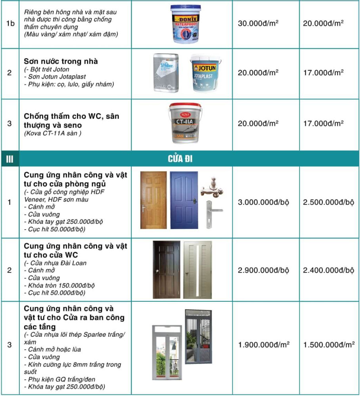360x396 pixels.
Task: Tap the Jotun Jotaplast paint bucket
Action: [x=205, y=74]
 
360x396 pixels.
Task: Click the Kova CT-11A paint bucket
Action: [x=185, y=123]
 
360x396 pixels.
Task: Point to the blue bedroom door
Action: [x=184, y=200]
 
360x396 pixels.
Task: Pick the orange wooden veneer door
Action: [x=153, y=200]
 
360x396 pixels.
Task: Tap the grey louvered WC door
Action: [x=197, y=270]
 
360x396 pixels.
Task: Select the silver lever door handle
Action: [x=209, y=214]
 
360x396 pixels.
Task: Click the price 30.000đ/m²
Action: [x=258, y=23]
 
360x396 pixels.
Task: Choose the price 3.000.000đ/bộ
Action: [x=263, y=202]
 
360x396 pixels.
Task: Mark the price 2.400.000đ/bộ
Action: [x=328, y=270]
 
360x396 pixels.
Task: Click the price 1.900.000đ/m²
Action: [x=264, y=345]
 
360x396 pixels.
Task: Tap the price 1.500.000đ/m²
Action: [x=329, y=345]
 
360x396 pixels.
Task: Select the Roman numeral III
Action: [x=10, y=159]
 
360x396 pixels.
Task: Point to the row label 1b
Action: [x=10, y=23]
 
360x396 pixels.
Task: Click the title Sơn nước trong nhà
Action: [x=61, y=61]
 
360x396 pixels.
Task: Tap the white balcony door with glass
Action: [x=167, y=352]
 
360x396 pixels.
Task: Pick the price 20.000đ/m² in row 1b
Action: [x=323, y=23]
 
